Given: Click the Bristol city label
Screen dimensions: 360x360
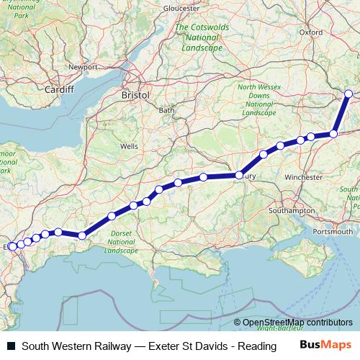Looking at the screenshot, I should click(135, 94).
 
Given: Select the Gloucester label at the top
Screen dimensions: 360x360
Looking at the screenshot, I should click(181, 8).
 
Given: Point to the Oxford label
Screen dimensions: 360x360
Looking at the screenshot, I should click(311, 32).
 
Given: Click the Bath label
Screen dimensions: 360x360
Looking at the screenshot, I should click(166, 110).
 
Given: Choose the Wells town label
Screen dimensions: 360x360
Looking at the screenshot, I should click(130, 145).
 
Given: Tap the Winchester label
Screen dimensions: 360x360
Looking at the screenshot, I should click(303, 176).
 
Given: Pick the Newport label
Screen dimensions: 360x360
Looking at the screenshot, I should click(82, 67).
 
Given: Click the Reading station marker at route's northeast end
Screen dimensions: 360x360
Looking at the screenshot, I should click(348, 94).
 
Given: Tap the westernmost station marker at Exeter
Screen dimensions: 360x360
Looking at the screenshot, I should click(12, 247).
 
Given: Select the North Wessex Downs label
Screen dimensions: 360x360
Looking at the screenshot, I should click(257, 100).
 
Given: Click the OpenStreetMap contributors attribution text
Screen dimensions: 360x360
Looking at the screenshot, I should click(298, 323).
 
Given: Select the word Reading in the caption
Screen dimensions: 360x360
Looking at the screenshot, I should click(261, 346).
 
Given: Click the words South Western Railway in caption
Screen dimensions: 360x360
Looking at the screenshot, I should click(68, 346).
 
